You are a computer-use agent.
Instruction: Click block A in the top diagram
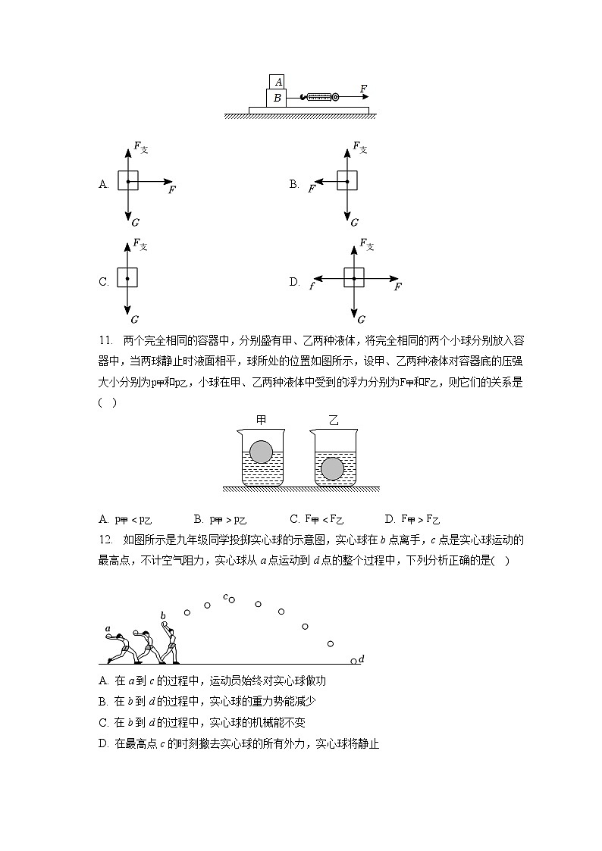pos(277,81)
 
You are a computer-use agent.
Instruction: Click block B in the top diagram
pos(277,98)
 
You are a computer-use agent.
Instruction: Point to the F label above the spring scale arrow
pos(363,89)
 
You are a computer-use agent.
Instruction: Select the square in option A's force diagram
pos(128,182)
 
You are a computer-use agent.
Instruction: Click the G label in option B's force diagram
pos(354,223)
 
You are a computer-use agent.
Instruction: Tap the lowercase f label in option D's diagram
pos(312,286)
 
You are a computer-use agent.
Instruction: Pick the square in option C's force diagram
pos(127,278)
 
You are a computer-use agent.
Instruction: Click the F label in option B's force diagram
pos(312,189)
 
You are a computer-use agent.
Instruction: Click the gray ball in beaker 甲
pos(261,452)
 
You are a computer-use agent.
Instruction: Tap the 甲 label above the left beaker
pos(261,419)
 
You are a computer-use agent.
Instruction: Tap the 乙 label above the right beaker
pos(333,419)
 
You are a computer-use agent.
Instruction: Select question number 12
pos(105,540)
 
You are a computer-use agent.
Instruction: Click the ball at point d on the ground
pos(353,662)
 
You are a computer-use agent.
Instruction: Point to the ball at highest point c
pos(232,600)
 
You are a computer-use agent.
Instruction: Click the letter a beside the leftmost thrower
pos(108,628)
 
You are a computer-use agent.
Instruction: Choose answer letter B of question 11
pos(197,519)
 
